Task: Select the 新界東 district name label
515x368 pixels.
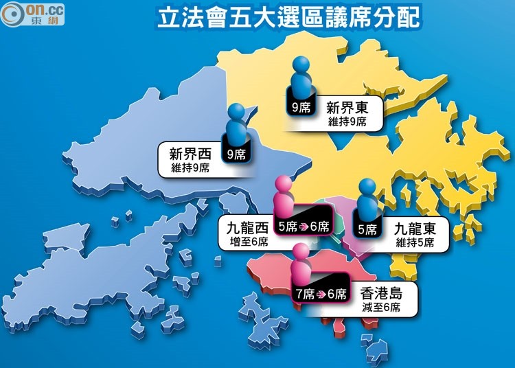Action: click(346, 108)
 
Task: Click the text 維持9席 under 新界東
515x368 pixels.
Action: click(346, 122)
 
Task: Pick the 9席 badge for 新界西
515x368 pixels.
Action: click(236, 154)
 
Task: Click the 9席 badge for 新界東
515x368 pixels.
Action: click(299, 108)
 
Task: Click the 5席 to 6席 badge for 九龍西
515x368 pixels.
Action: click(302, 227)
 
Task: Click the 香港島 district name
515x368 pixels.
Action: click(381, 295)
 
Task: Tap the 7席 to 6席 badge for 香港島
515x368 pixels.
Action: click(321, 295)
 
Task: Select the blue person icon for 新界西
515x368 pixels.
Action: click(236, 122)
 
